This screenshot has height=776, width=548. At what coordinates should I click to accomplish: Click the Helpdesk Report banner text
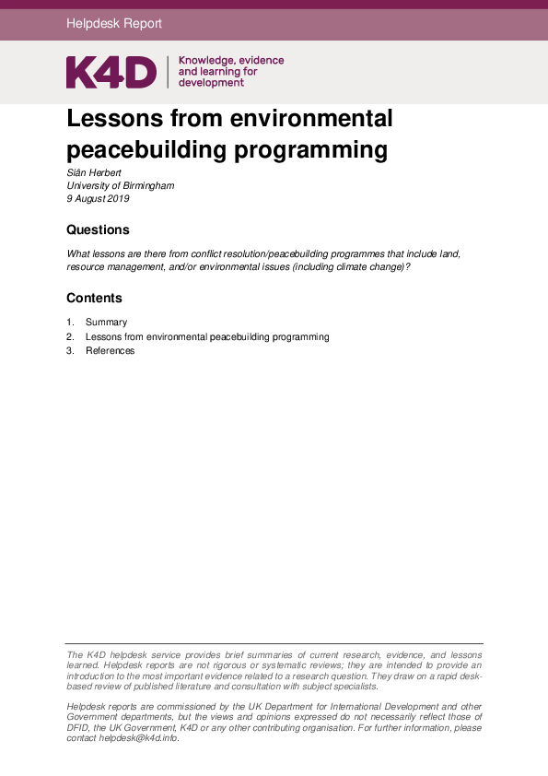[114, 24]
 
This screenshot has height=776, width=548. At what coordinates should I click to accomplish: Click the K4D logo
[111, 72]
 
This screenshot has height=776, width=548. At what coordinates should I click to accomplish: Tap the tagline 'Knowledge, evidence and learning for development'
[230, 72]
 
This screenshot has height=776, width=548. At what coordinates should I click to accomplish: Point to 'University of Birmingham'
[120, 185]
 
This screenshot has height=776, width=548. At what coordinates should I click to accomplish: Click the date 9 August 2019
[98, 198]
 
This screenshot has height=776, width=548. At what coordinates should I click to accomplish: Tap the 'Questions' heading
[98, 229]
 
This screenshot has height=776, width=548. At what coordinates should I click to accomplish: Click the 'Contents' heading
[94, 298]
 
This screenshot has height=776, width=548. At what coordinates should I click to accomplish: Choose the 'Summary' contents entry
[106, 323]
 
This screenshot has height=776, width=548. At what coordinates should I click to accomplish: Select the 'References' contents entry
[110, 351]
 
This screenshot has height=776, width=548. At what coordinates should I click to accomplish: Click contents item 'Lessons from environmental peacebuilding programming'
[207, 337]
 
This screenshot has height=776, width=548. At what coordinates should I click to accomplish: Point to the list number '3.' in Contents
[70, 351]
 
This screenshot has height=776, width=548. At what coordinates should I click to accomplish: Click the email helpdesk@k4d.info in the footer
[138, 738]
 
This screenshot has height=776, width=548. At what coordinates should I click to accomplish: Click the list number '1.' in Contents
[70, 323]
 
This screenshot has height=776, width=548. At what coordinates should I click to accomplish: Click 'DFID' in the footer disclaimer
[81, 727]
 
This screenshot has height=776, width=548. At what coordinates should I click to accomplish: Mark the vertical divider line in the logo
[168, 72]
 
